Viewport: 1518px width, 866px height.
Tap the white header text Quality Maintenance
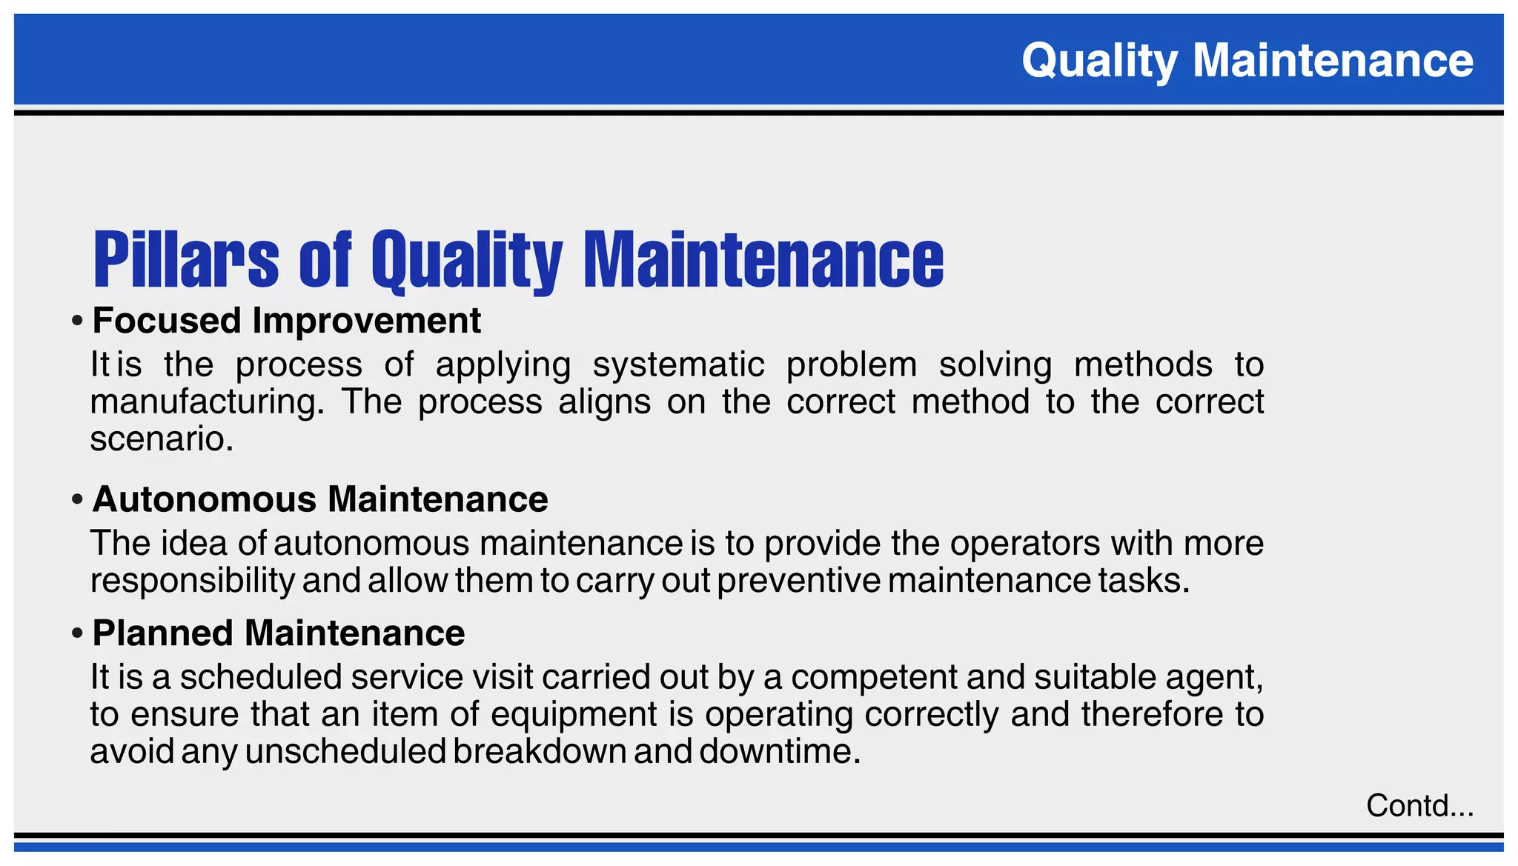click(1247, 60)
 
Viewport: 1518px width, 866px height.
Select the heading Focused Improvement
click(286, 321)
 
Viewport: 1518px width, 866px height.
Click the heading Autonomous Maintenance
click(319, 499)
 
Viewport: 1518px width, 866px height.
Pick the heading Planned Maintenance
click(278, 633)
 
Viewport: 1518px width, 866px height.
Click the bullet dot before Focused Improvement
click(77, 322)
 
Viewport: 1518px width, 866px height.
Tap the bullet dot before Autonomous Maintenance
click(77, 501)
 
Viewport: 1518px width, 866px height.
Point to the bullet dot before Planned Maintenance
click(77, 635)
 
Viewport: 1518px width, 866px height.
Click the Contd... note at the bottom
click(1419, 805)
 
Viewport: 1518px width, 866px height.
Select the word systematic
click(678, 365)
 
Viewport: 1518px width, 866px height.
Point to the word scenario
click(162, 439)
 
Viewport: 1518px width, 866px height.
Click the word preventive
click(798, 581)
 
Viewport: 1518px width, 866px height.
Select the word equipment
click(574, 715)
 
